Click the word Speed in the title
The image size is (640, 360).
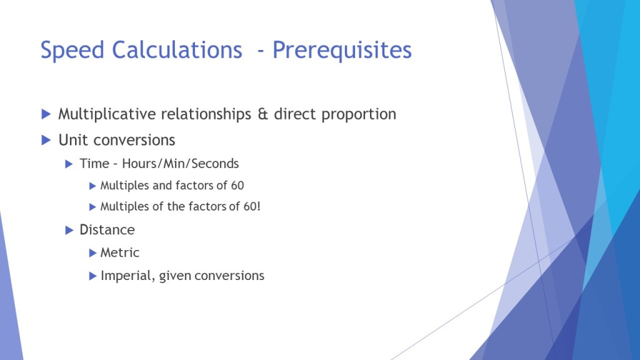tap(72, 51)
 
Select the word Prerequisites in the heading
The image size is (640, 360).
tap(342, 51)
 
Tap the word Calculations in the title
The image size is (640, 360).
tap(177, 50)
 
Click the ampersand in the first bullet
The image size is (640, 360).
tap(262, 114)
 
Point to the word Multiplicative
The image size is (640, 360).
tap(106, 114)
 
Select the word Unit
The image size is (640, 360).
tap(73, 140)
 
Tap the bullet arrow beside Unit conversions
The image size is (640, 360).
tap(46, 140)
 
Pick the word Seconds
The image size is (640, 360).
tap(215, 164)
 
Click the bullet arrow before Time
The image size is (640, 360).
tap(69, 164)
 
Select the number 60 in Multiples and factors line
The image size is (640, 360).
tap(237, 186)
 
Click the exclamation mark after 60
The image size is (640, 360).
tap(258, 206)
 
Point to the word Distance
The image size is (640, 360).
tap(107, 230)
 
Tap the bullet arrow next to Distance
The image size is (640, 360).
tap(69, 230)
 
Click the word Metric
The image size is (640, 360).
tap(119, 252)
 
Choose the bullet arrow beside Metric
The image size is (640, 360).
tap(92, 253)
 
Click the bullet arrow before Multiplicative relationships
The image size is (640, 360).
tap(46, 114)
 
